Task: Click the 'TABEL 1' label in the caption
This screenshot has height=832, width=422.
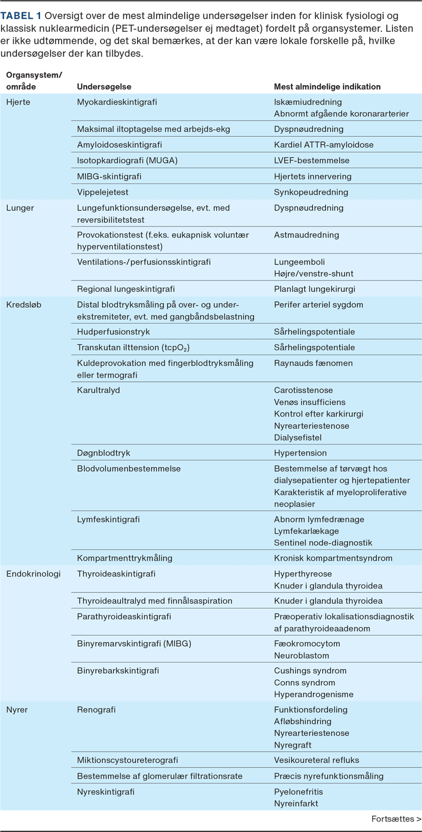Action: pyautogui.click(x=21, y=16)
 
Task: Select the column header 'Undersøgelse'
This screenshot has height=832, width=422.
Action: pyautogui.click(x=104, y=87)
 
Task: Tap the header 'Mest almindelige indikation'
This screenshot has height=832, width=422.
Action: pyautogui.click(x=327, y=87)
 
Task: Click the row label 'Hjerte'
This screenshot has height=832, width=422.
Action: pyautogui.click(x=18, y=102)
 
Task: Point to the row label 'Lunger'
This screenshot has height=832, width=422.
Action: pyautogui.click(x=20, y=207)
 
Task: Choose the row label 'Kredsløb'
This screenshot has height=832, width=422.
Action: pyautogui.click(x=24, y=305)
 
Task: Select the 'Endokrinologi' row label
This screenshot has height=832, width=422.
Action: pyautogui.click(x=33, y=573)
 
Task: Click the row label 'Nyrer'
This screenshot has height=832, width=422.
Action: pyautogui.click(x=17, y=710)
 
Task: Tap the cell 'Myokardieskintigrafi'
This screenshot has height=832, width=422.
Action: pyautogui.click(x=117, y=102)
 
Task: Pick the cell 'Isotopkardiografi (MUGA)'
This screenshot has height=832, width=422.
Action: pyautogui.click(x=127, y=160)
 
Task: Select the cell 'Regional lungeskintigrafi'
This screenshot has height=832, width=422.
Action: pyautogui.click(x=126, y=289)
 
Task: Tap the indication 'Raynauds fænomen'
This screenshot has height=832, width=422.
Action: pyautogui.click(x=313, y=363)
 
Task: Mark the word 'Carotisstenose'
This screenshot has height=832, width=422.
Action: pyautogui.click(x=303, y=390)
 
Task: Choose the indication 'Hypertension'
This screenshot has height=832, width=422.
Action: pyautogui.click(x=300, y=452)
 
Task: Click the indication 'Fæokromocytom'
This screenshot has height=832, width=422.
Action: pyautogui.click(x=307, y=644)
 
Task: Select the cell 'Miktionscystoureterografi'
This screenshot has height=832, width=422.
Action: pyautogui.click(x=127, y=760)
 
